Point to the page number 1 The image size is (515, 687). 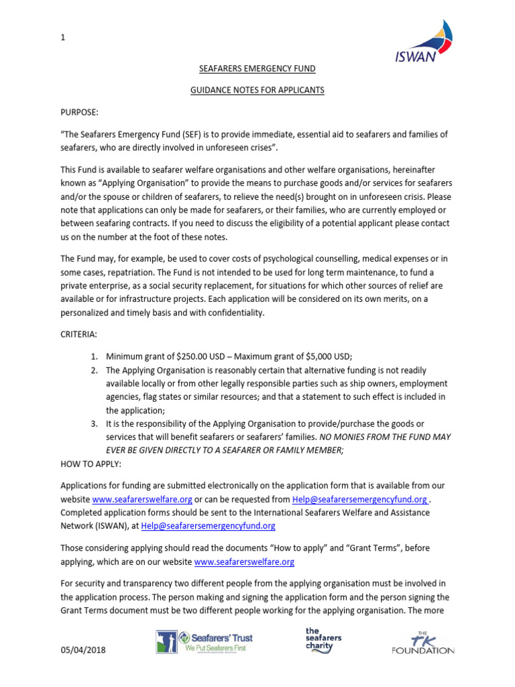(x=63, y=38)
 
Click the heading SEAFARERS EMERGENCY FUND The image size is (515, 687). (x=257, y=68)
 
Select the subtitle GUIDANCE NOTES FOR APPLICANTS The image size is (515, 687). (x=257, y=89)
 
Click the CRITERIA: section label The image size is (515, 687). (x=78, y=333)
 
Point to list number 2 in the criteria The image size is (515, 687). (x=95, y=370)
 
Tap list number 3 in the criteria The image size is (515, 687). (x=95, y=424)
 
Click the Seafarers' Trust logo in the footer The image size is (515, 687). (x=205, y=641)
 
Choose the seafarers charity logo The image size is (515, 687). (x=324, y=640)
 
